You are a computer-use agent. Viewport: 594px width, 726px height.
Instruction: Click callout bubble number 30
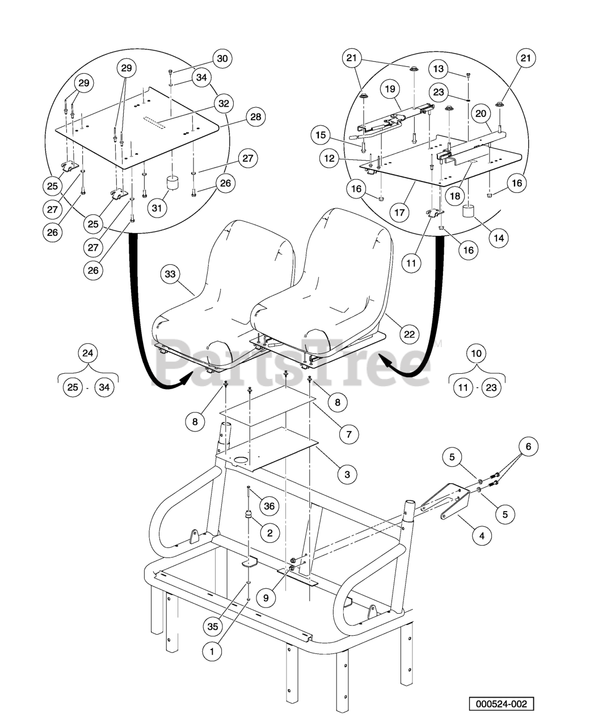coord(222,58)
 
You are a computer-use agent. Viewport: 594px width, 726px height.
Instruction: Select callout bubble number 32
coord(223,103)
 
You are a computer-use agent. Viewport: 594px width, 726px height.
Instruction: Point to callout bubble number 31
coord(157,208)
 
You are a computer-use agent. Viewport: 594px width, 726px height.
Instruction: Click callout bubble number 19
coord(390,89)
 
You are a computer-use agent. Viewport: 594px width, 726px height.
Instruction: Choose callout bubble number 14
coord(498,238)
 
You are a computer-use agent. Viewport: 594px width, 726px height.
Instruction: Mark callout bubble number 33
coord(170,274)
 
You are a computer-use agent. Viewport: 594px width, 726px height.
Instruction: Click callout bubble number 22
coord(409,334)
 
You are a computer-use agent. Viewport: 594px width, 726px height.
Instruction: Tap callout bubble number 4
coord(482,534)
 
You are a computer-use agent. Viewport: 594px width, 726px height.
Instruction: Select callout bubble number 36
coord(269,506)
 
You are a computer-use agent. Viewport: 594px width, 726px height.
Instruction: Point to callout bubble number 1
coord(212,652)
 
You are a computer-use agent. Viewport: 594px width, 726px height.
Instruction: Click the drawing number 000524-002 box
coord(501,704)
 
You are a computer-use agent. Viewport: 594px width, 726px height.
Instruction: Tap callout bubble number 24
coord(87,353)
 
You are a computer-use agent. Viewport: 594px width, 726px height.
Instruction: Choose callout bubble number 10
coord(477,353)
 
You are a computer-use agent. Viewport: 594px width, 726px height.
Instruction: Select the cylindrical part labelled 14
coord(469,212)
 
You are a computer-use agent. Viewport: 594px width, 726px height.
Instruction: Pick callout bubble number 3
coord(347,474)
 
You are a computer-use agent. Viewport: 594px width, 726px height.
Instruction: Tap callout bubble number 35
coord(213,627)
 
